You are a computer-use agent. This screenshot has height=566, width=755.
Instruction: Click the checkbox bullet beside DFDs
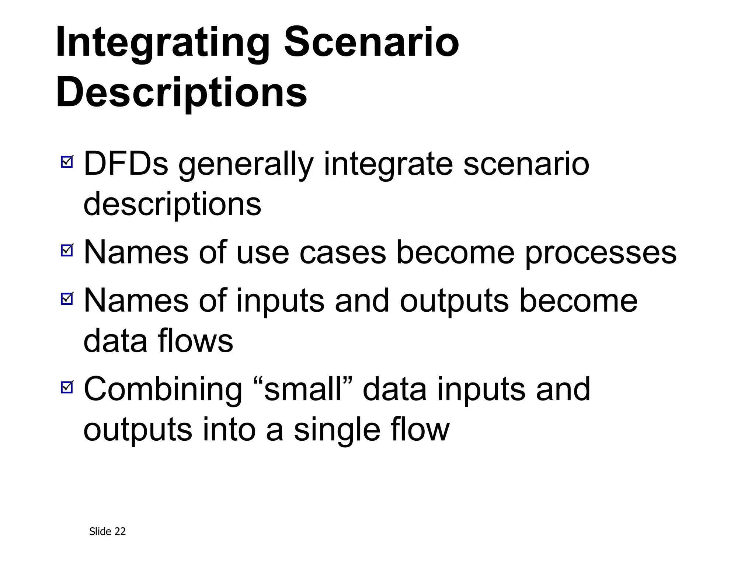[67, 161]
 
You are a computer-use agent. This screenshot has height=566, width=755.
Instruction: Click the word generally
[246, 165]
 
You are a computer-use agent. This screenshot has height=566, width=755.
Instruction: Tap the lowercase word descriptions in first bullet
[172, 205]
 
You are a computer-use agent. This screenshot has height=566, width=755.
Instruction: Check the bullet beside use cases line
[67, 250]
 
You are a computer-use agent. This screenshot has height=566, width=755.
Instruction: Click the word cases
[342, 253]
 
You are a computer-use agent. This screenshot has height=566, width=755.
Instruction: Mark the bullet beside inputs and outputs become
[67, 298]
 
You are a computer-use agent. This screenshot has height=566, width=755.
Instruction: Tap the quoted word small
[303, 389]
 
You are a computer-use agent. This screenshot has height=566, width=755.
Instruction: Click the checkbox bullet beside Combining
[67, 387]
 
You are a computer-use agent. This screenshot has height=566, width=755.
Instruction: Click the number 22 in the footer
[120, 531]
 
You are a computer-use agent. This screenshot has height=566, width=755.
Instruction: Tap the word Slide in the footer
[100, 531]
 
